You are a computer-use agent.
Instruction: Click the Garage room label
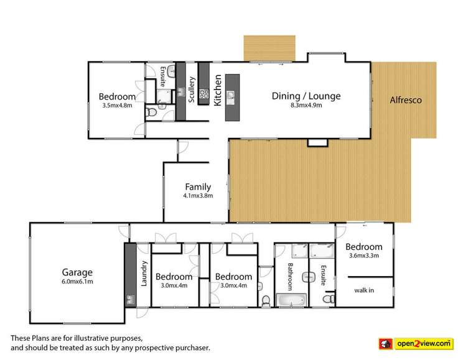[x=77, y=272]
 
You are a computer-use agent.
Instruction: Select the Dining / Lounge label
[x=306, y=96]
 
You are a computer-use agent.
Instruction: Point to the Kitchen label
[x=218, y=91]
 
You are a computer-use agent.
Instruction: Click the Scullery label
[x=192, y=90]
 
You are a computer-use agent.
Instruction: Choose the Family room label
[x=198, y=186]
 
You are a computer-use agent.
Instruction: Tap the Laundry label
[x=142, y=274]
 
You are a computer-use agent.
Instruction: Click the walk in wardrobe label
[x=364, y=290]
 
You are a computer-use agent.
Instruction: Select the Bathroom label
[x=290, y=276]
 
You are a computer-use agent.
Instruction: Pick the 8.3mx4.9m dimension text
[x=306, y=105]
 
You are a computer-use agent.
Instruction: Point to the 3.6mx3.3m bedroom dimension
[x=364, y=256]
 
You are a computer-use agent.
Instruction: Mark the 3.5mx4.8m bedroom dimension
[x=117, y=105]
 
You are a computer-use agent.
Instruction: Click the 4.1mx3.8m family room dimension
[x=198, y=195]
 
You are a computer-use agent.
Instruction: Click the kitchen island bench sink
[x=232, y=96]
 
